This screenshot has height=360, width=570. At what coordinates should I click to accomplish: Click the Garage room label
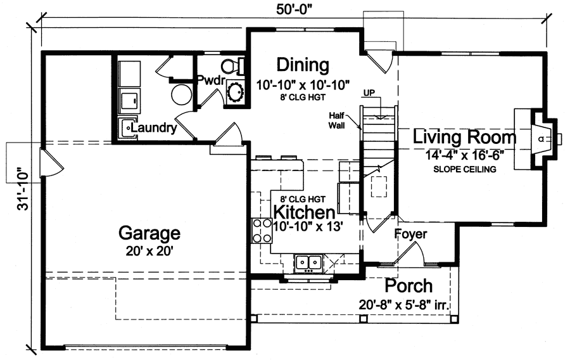pyautogui.click(x=149, y=233)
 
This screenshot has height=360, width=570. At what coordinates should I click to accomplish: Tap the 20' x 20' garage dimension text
pyautogui.click(x=149, y=250)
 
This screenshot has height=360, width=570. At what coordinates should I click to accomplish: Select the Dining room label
pyautogui.click(x=303, y=65)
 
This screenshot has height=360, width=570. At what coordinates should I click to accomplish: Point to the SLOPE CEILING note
pyautogui.click(x=465, y=169)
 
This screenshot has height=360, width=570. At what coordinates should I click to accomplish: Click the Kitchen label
pyautogui.click(x=303, y=212)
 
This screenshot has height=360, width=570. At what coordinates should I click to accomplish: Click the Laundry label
pyautogui.click(x=155, y=127)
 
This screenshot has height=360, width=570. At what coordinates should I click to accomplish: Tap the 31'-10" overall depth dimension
pyautogui.click(x=23, y=190)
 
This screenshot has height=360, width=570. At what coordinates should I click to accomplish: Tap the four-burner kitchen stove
pyautogui.click(x=260, y=231)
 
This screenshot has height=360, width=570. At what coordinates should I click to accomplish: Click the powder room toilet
pyautogui.click(x=233, y=65)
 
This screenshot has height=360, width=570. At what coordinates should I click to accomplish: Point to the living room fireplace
pyautogui.click(x=538, y=138)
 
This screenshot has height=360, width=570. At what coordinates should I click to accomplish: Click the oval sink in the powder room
pyautogui.click(x=237, y=91)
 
